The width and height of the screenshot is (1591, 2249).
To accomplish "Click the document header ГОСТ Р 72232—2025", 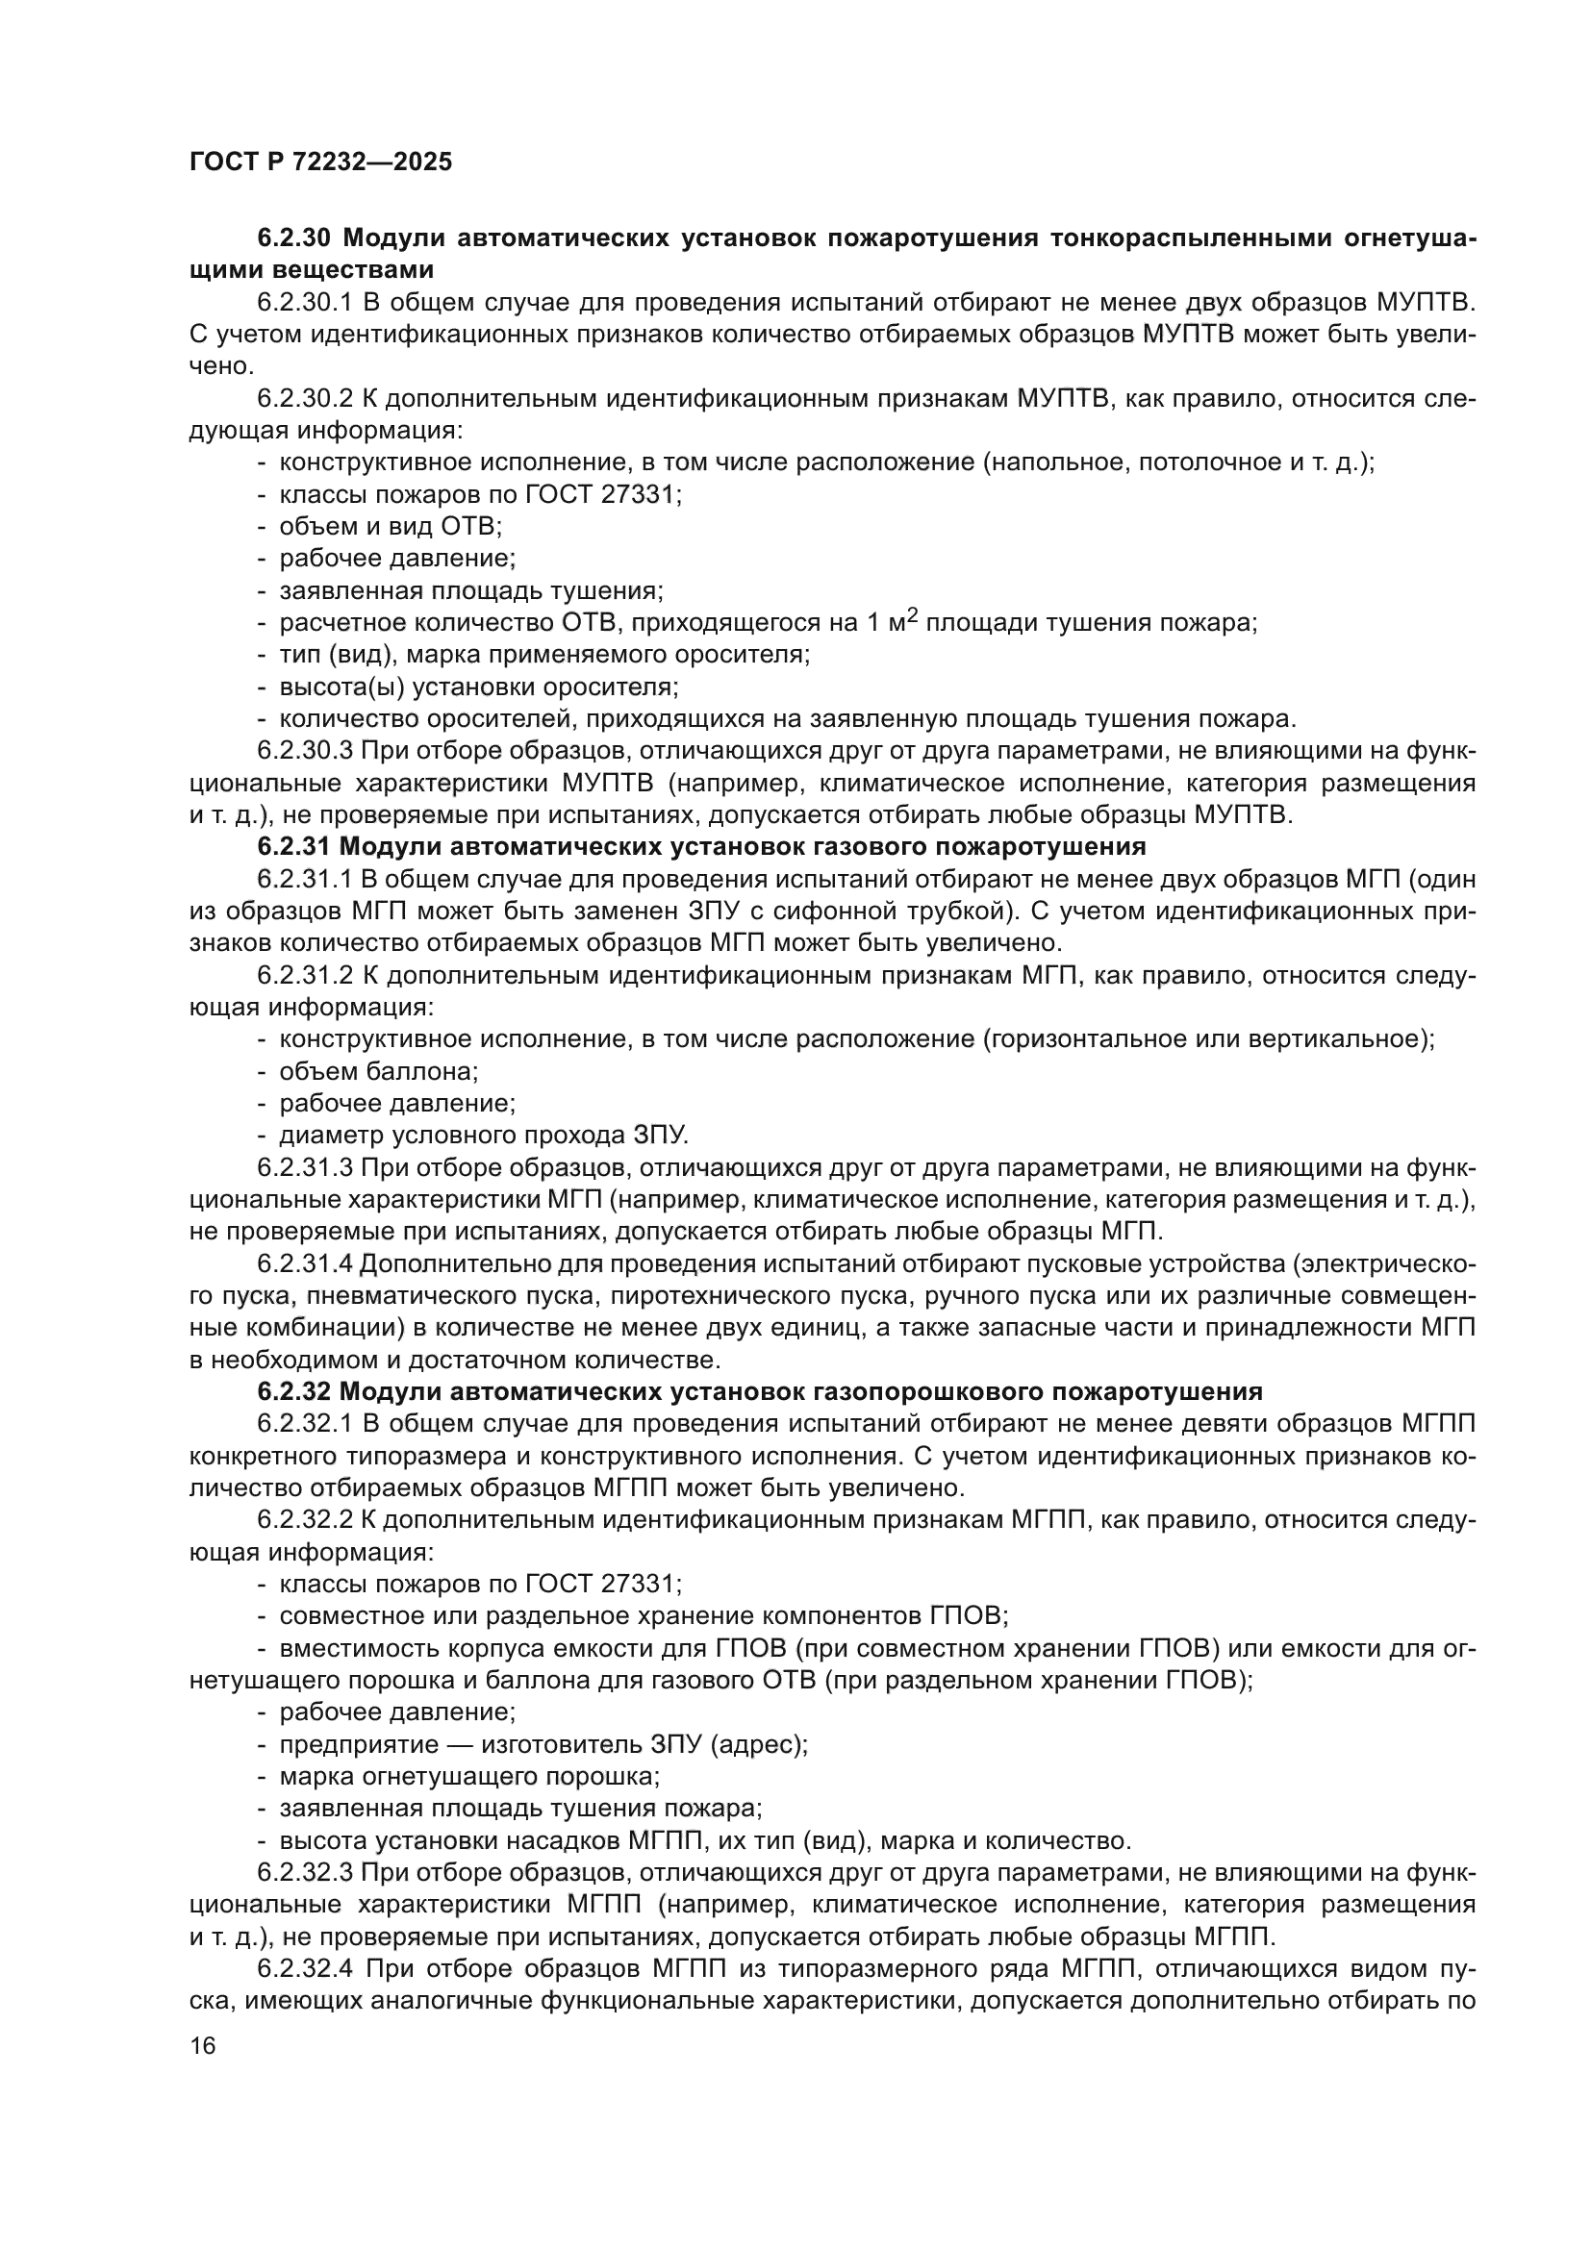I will click(320, 162).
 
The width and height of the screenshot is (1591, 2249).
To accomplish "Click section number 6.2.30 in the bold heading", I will click(296, 238).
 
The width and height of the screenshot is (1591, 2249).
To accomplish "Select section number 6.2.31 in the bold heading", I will click(294, 845).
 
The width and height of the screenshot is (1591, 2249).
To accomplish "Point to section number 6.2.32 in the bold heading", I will click(295, 1391).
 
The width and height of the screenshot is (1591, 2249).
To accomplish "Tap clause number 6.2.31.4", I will click(305, 1264).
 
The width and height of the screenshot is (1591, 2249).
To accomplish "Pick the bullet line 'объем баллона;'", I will click(378, 1071).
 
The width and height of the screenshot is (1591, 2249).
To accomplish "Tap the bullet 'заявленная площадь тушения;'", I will click(471, 590).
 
